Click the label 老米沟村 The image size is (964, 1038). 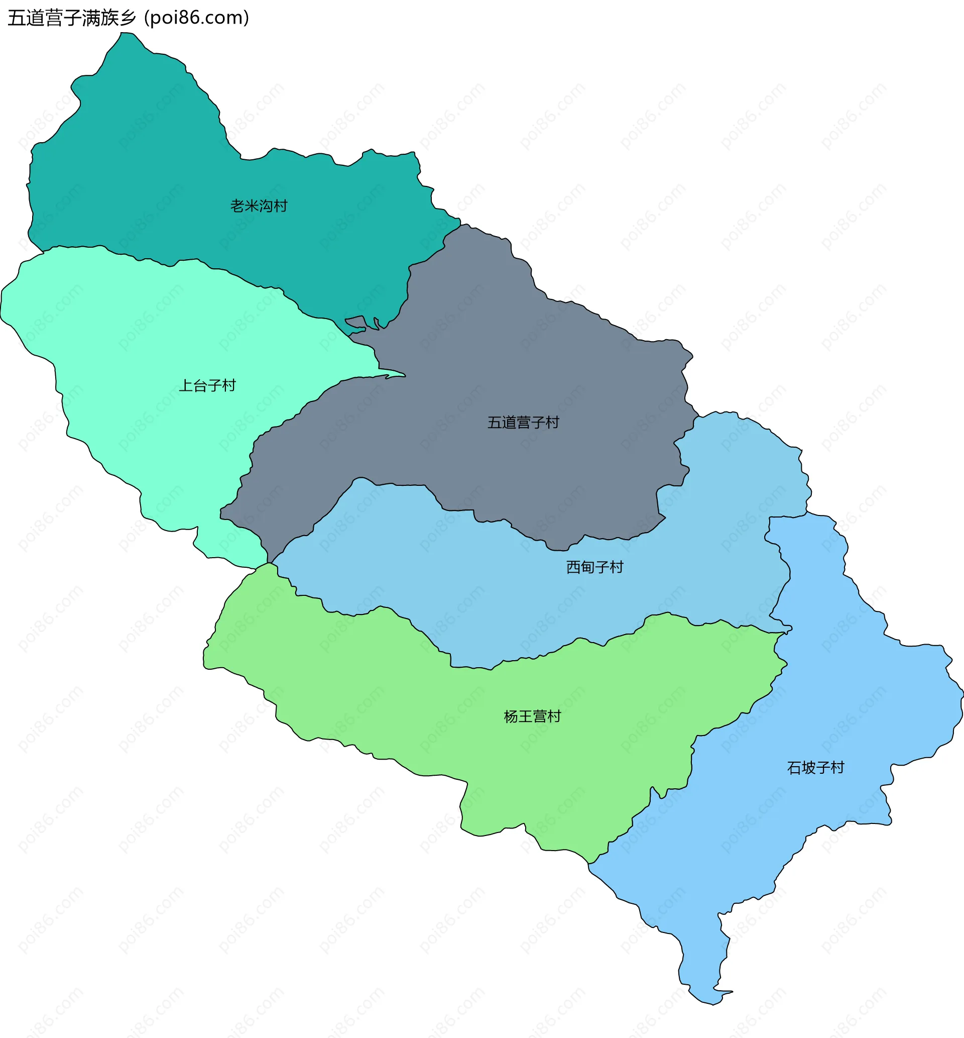tap(259, 206)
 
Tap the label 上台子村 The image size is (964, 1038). tap(207, 386)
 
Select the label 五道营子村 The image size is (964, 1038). tap(523, 422)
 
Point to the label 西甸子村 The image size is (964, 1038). tap(594, 567)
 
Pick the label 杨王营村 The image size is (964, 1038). tap(532, 716)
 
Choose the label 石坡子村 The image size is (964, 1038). tap(815, 768)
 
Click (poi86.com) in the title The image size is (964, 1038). tap(197, 18)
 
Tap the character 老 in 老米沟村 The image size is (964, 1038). tap(237, 206)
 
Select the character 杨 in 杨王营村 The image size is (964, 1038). tap(511, 716)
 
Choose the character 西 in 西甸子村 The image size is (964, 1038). tap(573, 567)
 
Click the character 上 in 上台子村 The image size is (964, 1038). tap(186, 386)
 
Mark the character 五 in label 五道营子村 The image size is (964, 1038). tap(494, 422)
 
